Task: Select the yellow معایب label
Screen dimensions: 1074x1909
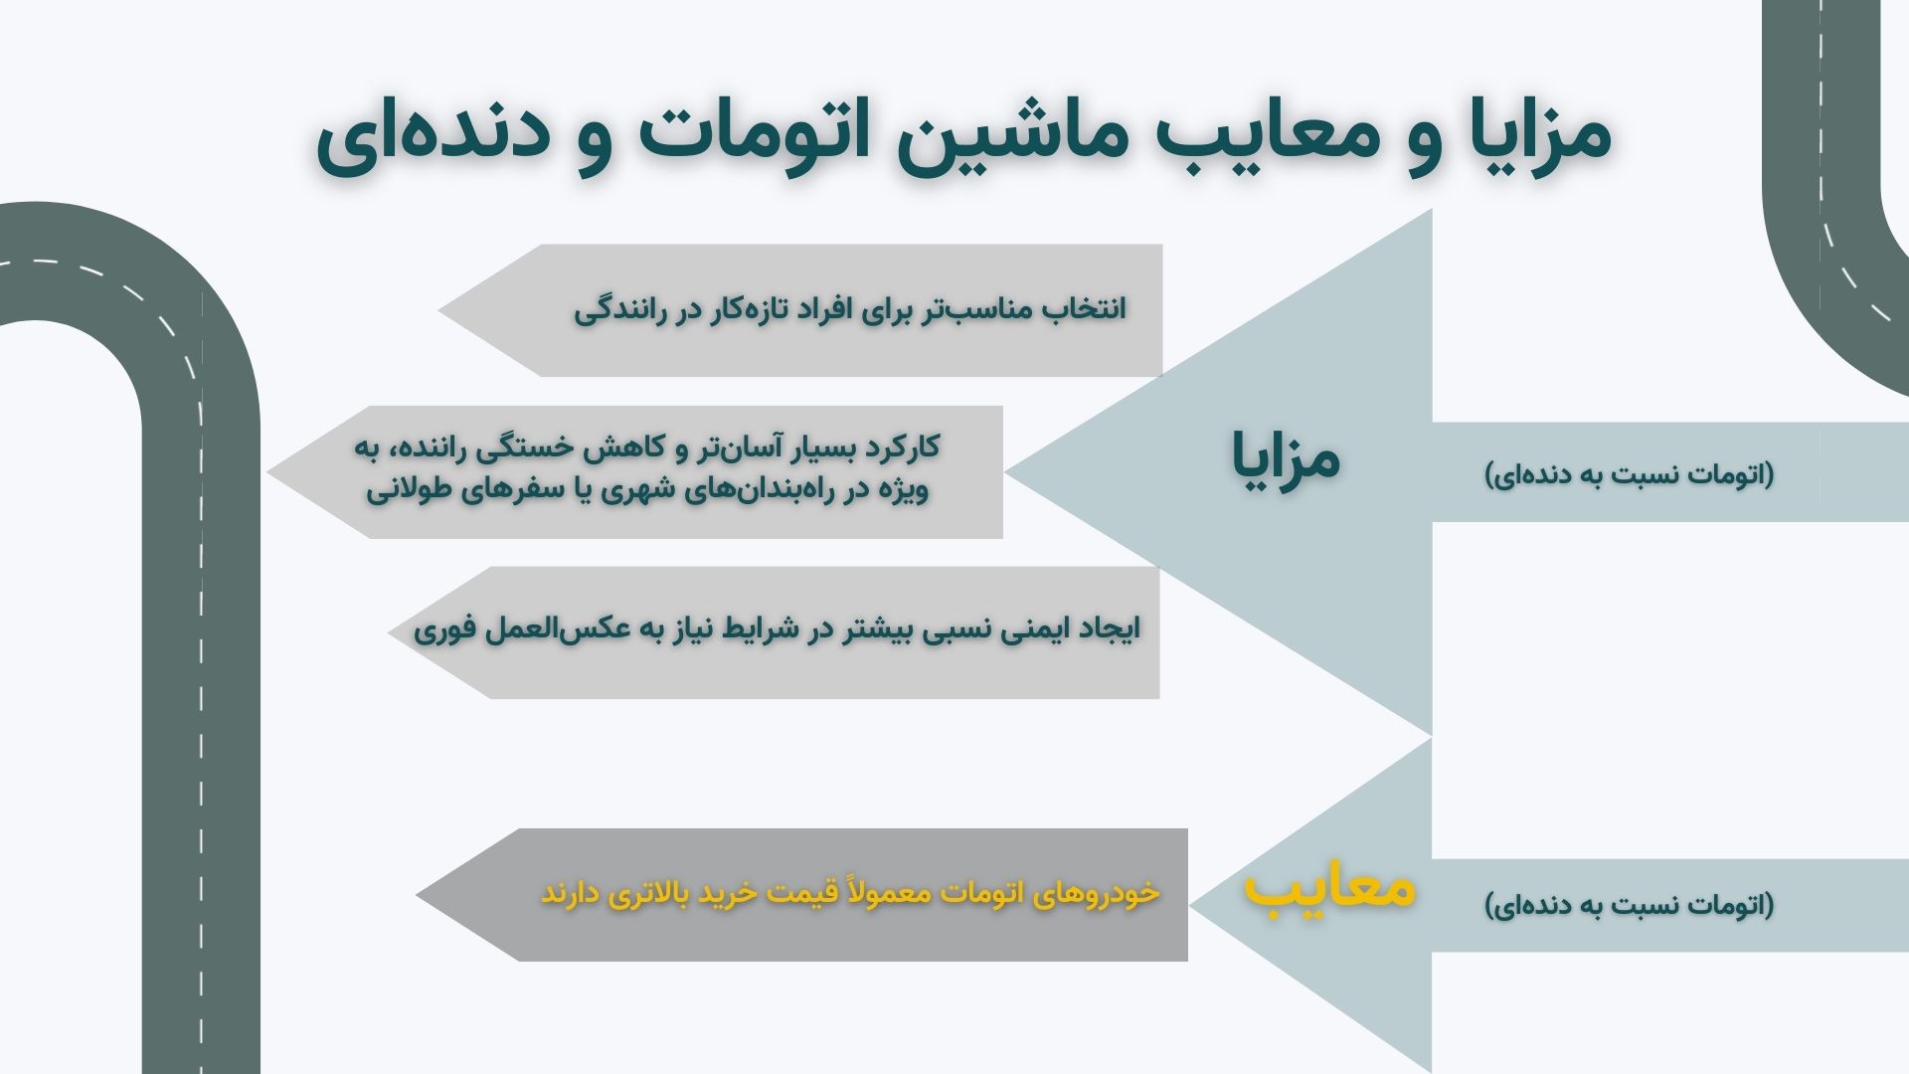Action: tap(1329, 888)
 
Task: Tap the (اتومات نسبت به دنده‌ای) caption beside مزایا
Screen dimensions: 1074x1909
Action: tap(1629, 474)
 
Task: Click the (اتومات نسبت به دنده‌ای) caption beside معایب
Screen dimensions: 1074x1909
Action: tap(1629, 905)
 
